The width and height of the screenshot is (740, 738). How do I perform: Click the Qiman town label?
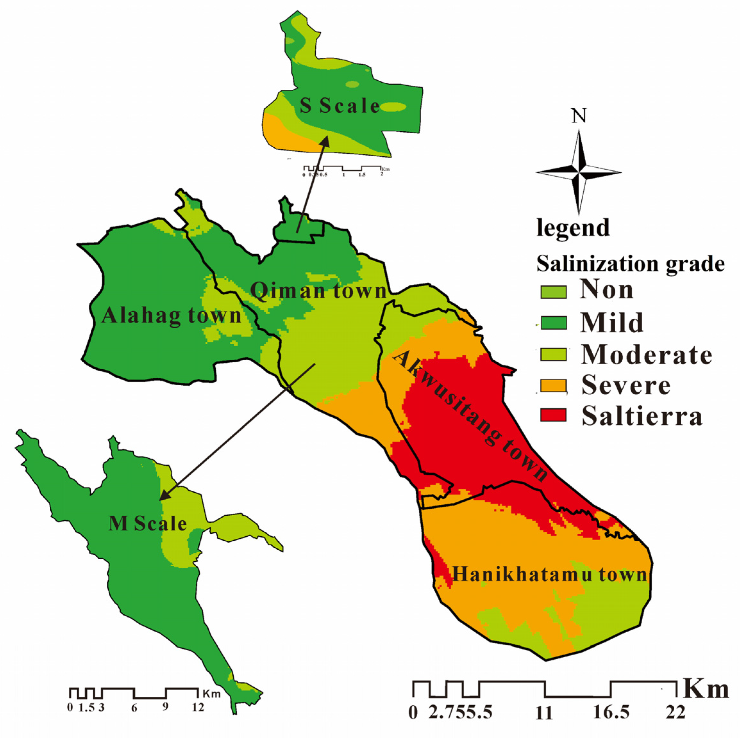pyautogui.click(x=318, y=291)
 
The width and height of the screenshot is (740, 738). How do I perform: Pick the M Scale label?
pyautogui.click(x=147, y=523)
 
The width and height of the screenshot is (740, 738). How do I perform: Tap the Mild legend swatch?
pyautogui.click(x=553, y=323)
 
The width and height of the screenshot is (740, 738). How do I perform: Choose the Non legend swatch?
pyautogui.click(x=553, y=292)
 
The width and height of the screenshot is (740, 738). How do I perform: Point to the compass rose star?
pyautogui.click(x=578, y=172)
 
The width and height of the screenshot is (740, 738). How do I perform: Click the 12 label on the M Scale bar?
pyautogui.click(x=198, y=707)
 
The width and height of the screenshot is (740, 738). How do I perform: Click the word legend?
pyautogui.click(x=573, y=228)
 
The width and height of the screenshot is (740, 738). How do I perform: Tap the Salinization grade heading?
pyautogui.click(x=630, y=264)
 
